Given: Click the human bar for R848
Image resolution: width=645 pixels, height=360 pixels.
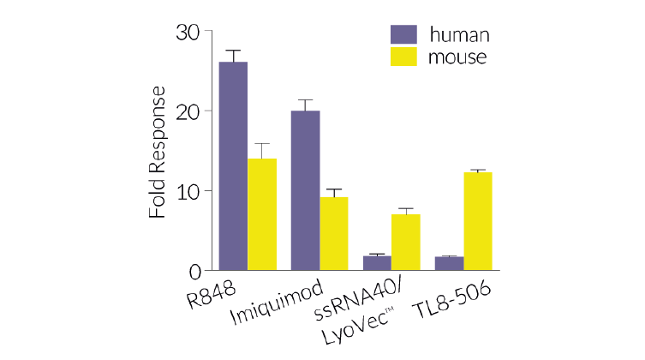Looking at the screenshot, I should click(233, 166).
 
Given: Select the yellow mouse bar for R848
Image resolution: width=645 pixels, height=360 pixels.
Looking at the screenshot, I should click(262, 214).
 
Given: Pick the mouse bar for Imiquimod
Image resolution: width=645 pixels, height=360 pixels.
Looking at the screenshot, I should click(333, 233).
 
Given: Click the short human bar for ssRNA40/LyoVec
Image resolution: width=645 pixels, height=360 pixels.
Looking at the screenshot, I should click(376, 263).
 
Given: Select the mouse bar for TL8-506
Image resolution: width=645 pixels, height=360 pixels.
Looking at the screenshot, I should click(477, 221).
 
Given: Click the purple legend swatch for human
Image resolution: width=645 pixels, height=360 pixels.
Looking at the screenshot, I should click(403, 35).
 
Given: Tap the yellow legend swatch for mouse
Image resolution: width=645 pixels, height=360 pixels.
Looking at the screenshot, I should click(403, 57).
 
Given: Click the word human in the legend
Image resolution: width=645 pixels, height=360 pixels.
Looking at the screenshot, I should click(458, 35).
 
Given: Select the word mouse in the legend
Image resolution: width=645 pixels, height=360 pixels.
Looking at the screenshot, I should click(458, 57).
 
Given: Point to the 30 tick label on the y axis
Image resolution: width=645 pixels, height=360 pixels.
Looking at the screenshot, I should click(188, 32).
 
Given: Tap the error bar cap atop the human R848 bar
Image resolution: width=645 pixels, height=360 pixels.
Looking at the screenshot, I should click(233, 51).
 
